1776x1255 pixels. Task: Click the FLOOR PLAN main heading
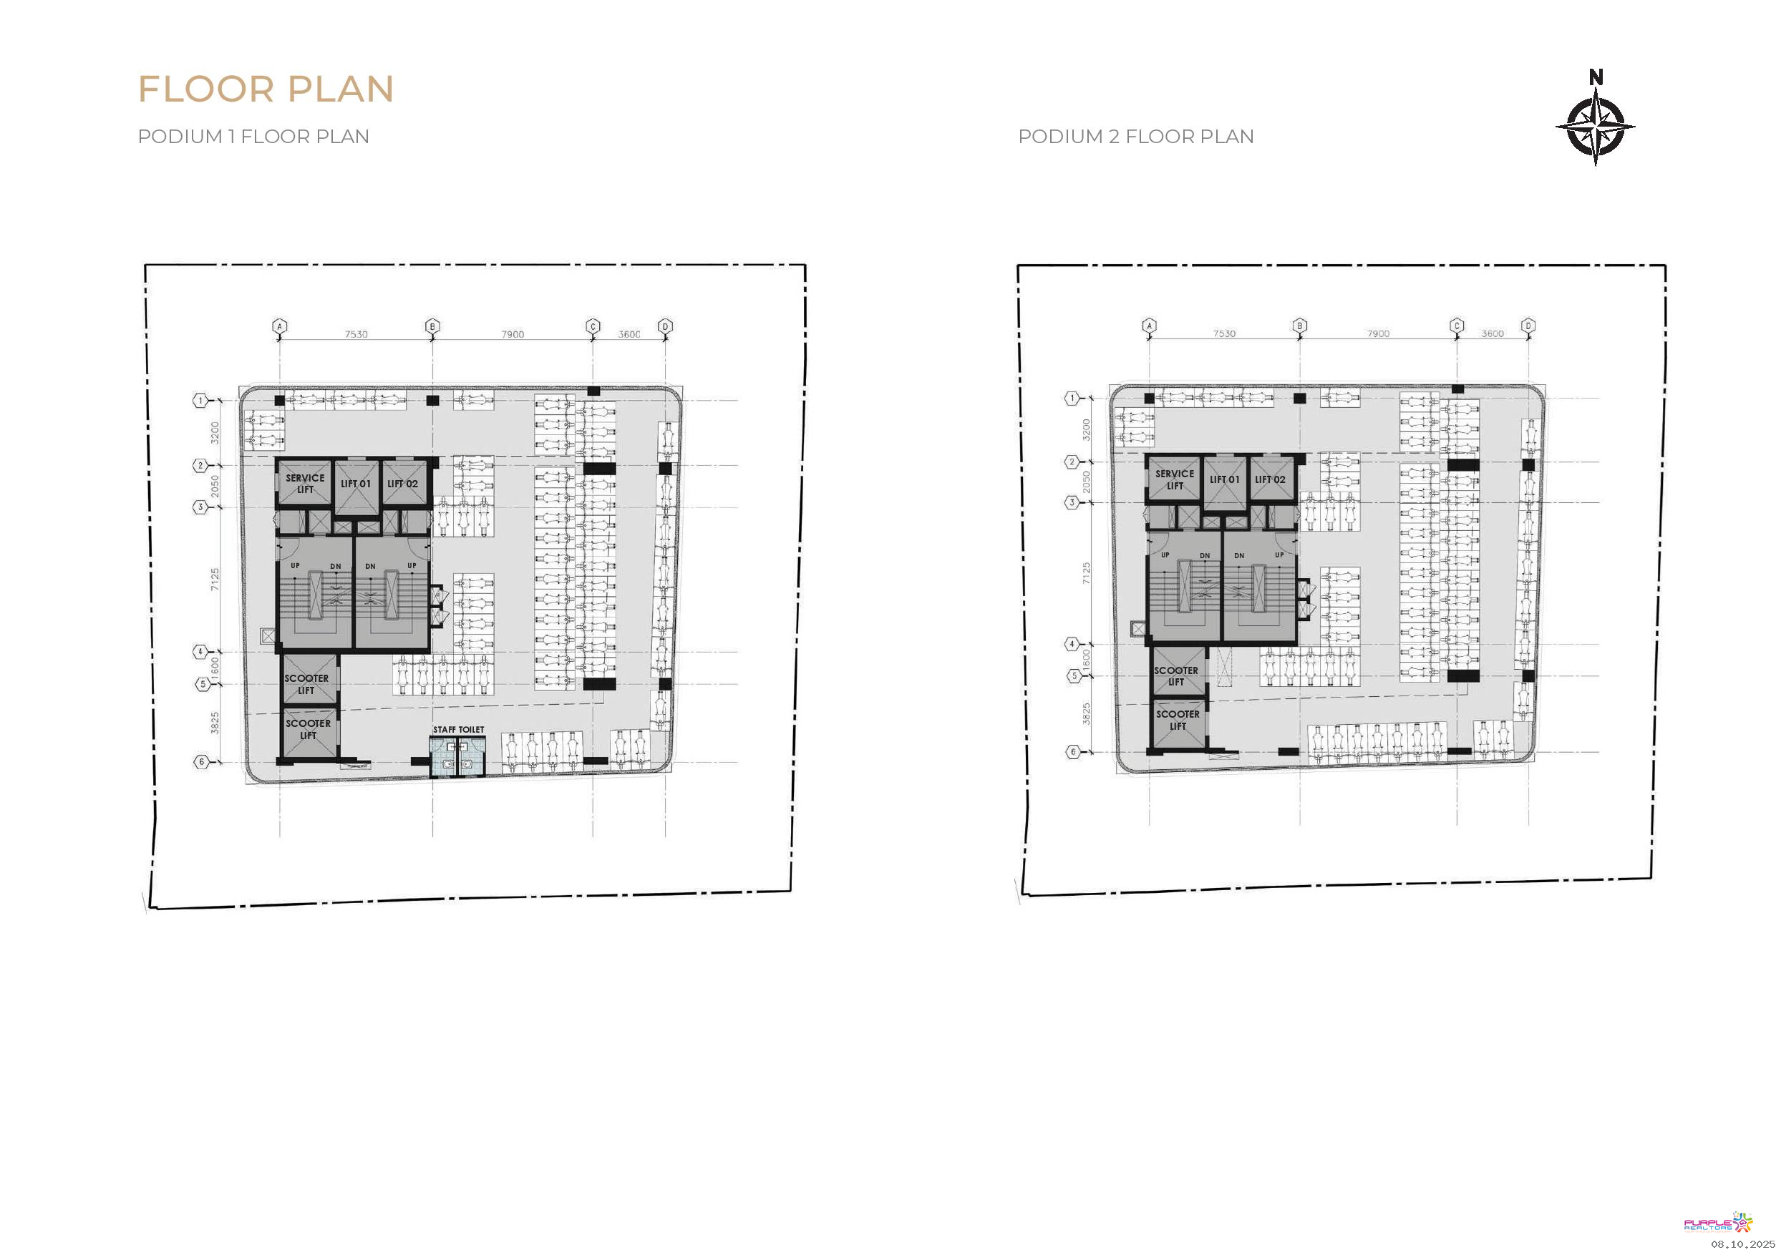coord(266,89)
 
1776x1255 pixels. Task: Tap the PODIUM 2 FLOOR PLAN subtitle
coord(1135,136)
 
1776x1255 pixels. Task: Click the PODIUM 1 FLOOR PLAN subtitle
coord(253,136)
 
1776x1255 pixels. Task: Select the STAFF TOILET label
coord(459,729)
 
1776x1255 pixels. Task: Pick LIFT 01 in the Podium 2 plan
coord(1225,479)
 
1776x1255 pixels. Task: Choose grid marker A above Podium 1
coord(280,326)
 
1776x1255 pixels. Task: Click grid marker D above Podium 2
coord(1528,326)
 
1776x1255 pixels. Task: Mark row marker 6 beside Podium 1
coord(201,762)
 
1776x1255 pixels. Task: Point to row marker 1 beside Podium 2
coord(1072,399)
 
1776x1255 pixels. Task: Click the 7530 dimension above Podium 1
coord(356,335)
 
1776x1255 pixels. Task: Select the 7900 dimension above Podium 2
coord(1378,334)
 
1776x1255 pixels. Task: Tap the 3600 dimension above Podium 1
coord(629,335)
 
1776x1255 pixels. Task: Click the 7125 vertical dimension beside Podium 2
coord(1086,573)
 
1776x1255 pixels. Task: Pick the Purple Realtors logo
coord(1718,1223)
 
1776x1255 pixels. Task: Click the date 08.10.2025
coord(1743,1244)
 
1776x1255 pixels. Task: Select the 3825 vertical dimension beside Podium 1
coord(215,723)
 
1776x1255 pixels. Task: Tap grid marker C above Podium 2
coord(1457,326)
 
